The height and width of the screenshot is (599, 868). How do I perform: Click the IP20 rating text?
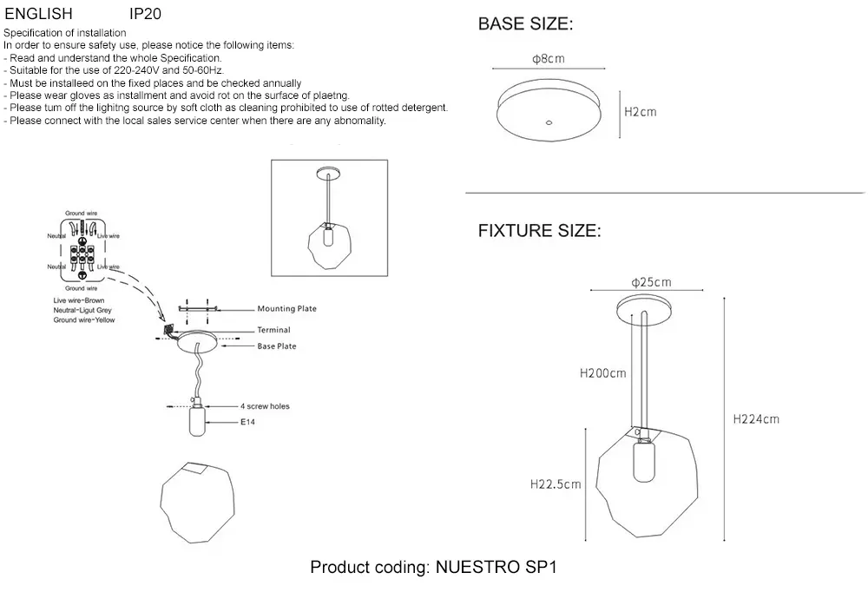coord(145,15)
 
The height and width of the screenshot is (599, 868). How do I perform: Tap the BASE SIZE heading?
coord(525,24)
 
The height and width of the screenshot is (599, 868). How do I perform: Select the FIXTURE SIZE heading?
coord(539,231)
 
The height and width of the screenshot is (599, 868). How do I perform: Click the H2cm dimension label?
coord(641,113)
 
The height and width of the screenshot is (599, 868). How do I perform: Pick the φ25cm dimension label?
coord(651,282)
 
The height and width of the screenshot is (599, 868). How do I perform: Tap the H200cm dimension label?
coord(602,374)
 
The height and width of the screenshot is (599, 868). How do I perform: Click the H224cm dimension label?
coord(756,419)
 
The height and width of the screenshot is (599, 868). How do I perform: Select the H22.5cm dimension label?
coord(556,484)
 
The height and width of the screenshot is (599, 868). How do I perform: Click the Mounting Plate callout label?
coord(286,309)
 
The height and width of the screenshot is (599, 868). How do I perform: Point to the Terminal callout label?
coord(273,331)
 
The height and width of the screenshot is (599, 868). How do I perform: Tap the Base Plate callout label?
coord(277,346)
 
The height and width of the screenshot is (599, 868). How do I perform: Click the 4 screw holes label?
coord(266,405)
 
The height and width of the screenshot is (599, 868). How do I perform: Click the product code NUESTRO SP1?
coord(493,569)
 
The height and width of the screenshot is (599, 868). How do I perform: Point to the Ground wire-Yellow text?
coord(84,320)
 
